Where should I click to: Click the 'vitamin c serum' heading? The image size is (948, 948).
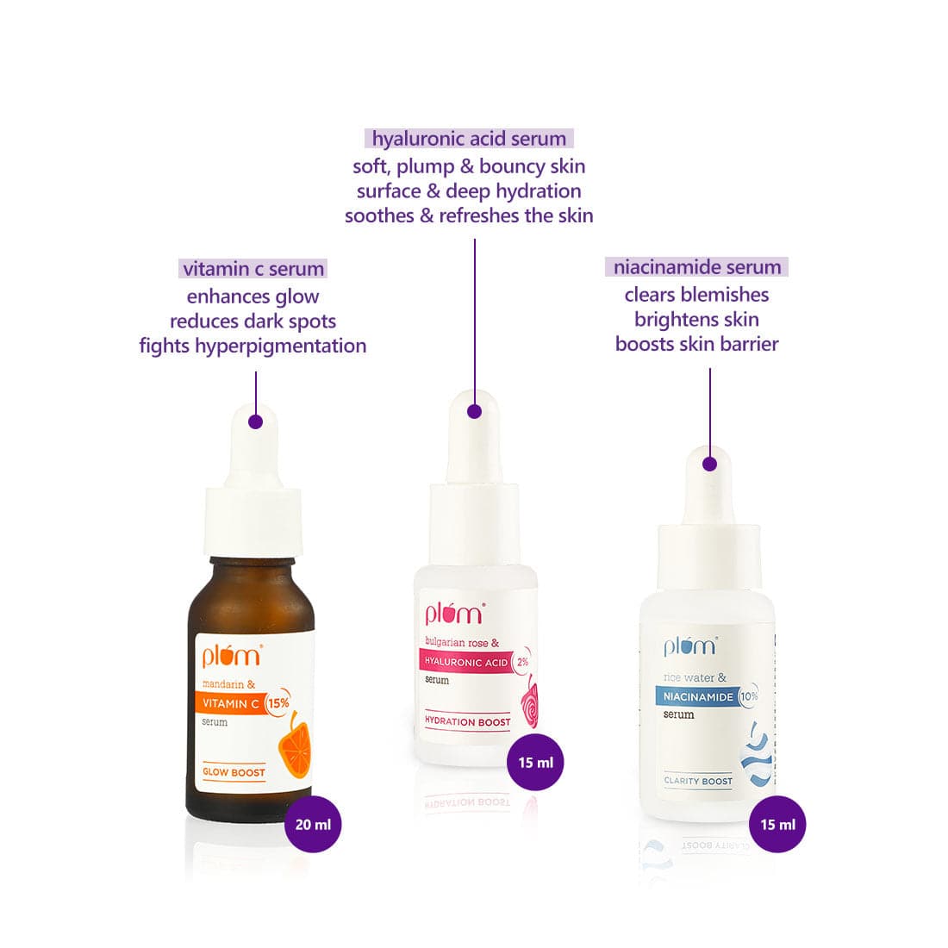[x=253, y=268]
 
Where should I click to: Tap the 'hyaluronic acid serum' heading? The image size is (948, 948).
[x=469, y=139]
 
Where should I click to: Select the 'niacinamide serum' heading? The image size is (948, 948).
[x=696, y=266]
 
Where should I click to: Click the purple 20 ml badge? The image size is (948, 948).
[x=313, y=824]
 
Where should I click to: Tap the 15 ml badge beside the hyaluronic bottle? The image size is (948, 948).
[x=536, y=763]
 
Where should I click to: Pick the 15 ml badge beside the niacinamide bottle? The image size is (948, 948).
[x=777, y=824]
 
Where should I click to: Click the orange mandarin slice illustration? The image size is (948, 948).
[x=294, y=745]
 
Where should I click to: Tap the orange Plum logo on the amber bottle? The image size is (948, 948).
[x=232, y=655]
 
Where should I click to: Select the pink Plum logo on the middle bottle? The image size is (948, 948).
[x=454, y=613]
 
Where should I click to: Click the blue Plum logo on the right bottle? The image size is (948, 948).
[x=690, y=646]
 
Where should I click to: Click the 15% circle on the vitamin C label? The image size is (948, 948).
[x=278, y=703]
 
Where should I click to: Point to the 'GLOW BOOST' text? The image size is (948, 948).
[x=234, y=772]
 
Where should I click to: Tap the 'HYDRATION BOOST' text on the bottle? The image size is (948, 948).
[x=467, y=721]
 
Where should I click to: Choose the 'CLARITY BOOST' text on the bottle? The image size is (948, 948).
[x=698, y=781]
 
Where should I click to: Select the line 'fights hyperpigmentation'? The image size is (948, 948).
[x=253, y=346]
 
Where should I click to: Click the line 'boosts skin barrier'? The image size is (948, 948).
[x=696, y=344]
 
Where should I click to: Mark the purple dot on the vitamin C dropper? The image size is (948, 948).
[x=256, y=422]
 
